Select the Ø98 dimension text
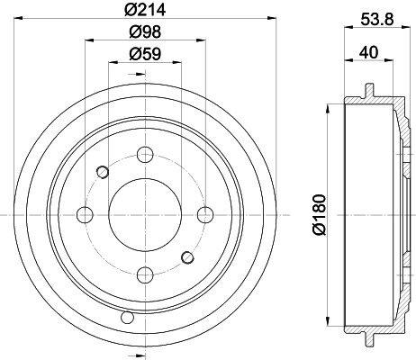[145, 31]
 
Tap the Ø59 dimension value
[145, 54]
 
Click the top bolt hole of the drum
[145, 154]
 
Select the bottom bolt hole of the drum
[145, 274]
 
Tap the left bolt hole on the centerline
[86, 214]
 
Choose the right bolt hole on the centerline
[205, 214]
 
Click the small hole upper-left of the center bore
[102, 172]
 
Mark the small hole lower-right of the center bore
[187, 257]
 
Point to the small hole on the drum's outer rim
[125, 318]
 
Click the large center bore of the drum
[145, 214]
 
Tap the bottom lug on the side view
[368, 339]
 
